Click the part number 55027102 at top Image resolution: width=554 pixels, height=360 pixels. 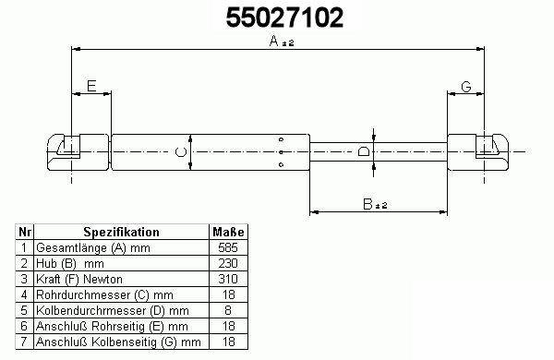[284, 18]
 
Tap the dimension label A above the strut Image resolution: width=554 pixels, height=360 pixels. [274, 41]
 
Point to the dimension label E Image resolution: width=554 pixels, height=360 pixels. [91, 86]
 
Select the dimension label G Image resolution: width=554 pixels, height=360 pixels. [466, 87]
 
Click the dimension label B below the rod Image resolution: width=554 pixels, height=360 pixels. [367, 204]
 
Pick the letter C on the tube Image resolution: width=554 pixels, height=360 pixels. [181, 152]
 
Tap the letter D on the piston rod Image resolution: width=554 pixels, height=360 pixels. [364, 151]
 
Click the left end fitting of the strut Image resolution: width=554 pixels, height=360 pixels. [78, 152]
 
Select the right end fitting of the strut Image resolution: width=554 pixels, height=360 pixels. [478, 152]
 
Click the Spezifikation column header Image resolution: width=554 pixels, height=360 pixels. [121, 232]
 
